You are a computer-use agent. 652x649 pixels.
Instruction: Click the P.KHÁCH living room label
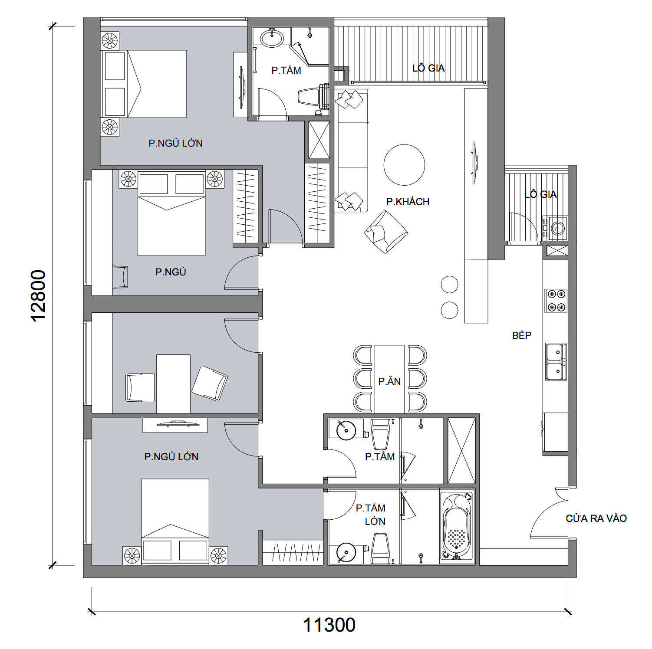408,201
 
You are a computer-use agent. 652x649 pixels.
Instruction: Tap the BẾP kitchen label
522,335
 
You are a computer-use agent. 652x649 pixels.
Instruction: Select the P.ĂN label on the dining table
389,381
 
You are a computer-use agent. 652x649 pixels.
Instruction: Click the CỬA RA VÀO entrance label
596,518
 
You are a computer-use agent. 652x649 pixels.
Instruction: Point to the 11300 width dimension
329,625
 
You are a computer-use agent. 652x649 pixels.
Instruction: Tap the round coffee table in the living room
404,165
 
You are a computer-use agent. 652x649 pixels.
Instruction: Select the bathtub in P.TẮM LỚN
457,526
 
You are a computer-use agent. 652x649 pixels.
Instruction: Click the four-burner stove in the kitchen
556,300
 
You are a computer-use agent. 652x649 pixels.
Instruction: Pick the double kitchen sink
556,362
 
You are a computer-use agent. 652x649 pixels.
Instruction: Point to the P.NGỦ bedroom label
171,272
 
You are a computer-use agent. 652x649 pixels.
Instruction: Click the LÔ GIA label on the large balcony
428,68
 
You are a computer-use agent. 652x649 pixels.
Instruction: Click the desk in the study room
173,384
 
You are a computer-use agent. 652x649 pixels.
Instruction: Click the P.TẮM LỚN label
371,515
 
